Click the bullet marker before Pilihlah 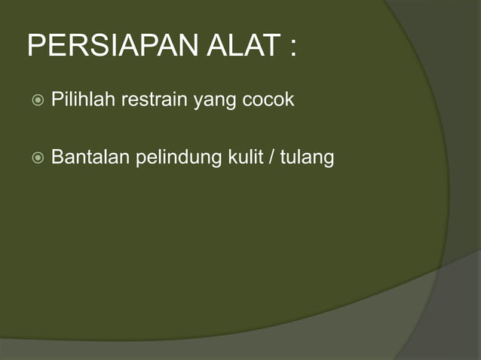pos(38,100)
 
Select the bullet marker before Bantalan pos(38,159)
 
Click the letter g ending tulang pos(328,160)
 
